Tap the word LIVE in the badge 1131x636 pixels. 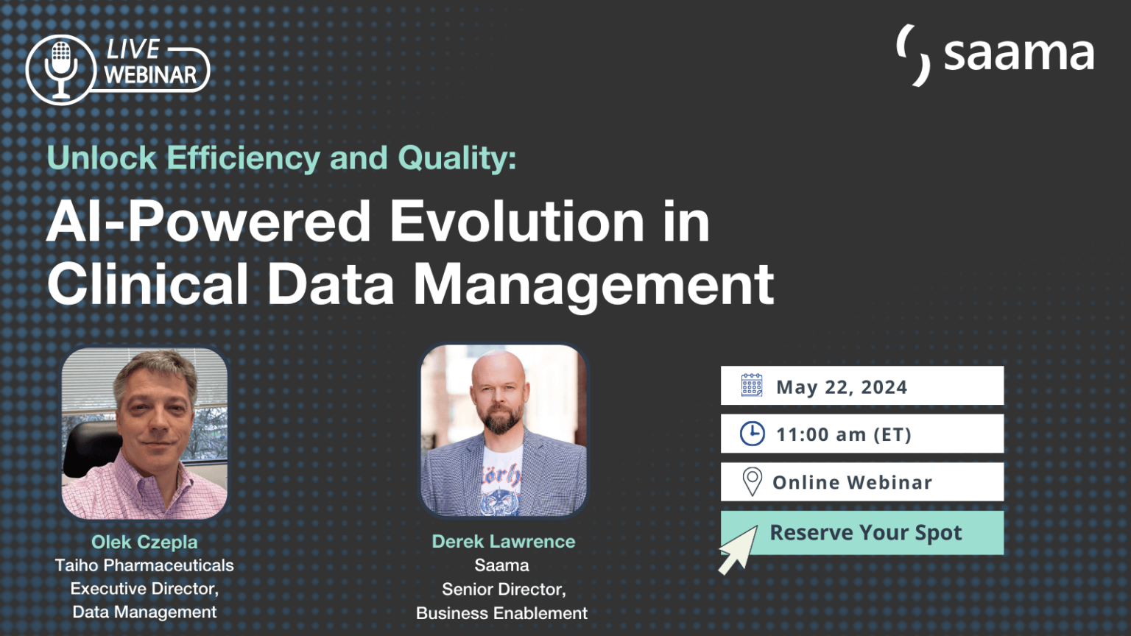[133, 49]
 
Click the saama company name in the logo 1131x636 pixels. [1018, 54]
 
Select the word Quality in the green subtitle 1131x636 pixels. [457, 158]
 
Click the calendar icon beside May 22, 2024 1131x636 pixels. [752, 386]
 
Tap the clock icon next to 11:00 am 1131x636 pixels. [752, 434]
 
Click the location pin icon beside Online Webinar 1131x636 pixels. [752, 482]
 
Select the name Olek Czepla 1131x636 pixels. [144, 542]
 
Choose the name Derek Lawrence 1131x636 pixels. [504, 541]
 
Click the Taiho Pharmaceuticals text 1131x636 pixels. [144, 565]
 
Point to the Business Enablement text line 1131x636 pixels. [502, 613]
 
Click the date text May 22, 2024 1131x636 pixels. [842, 387]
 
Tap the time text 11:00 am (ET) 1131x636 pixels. [844, 435]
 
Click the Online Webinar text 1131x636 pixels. [853, 483]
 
